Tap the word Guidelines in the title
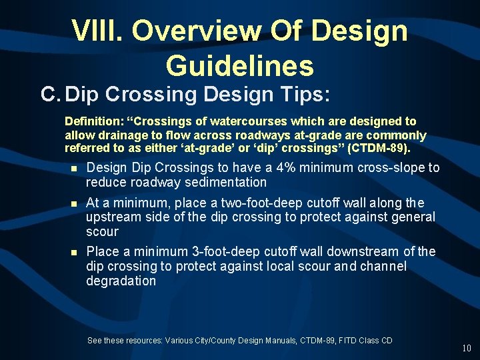(x=240, y=65)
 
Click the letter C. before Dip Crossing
(x=51, y=95)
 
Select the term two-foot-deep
(x=265, y=203)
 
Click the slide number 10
(x=466, y=348)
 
